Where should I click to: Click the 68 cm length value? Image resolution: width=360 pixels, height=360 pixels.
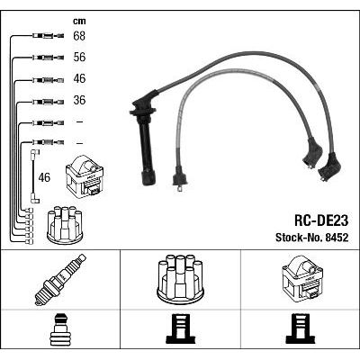79,36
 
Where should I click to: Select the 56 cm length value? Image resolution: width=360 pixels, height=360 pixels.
79,57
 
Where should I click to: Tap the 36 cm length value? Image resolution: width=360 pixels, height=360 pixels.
79,100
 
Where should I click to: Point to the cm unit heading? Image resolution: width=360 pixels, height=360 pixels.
79,21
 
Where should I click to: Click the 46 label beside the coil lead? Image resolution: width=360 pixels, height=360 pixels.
44,177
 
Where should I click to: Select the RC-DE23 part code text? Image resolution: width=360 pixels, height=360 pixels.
321,221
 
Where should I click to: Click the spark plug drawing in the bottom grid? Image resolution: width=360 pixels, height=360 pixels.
60,280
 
